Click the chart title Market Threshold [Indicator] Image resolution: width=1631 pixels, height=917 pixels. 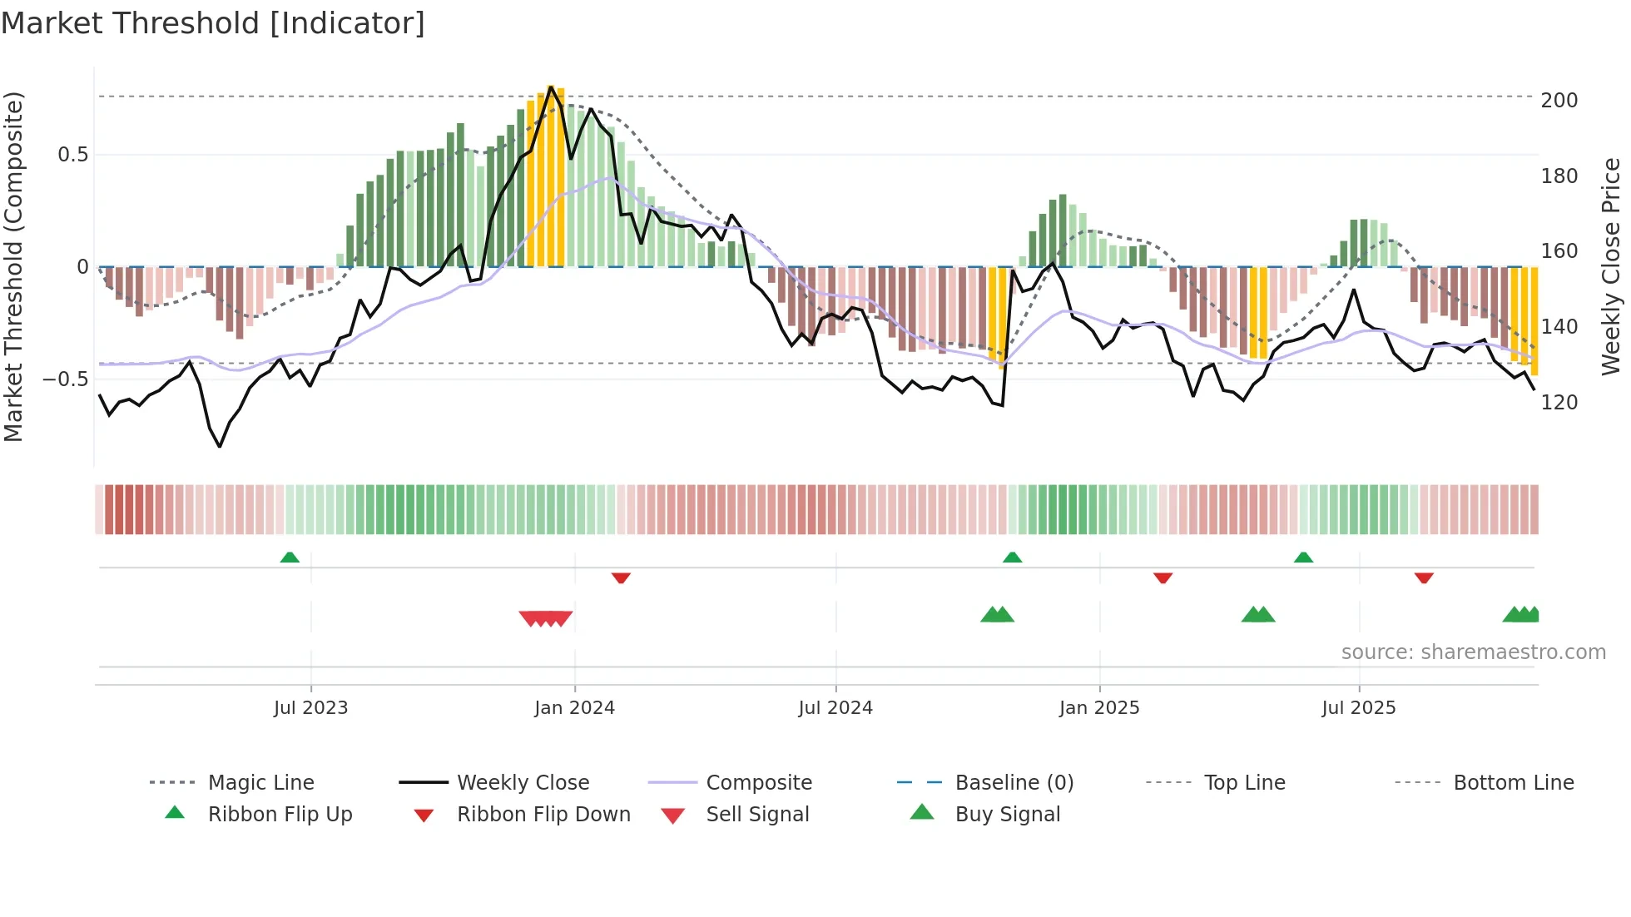point(213,23)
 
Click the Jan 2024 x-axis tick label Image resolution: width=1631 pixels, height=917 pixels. point(574,708)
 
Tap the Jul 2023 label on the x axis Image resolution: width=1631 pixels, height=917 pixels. point(310,708)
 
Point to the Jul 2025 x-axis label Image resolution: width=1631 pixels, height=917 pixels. point(1358,708)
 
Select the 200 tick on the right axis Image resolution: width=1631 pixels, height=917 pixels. point(1559,101)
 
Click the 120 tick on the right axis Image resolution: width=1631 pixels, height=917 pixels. point(1559,403)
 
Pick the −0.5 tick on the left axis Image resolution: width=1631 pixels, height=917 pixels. point(65,379)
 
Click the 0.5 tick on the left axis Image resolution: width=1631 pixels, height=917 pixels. point(72,155)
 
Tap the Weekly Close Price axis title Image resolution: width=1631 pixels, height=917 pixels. point(1611,266)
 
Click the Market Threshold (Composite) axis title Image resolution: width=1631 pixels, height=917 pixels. point(13,266)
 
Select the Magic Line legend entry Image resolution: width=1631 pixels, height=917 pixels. point(260,783)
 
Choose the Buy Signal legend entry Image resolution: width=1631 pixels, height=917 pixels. point(1007,815)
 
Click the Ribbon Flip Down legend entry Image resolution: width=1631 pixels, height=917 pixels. point(543,815)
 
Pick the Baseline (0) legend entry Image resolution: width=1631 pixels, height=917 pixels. point(1014,783)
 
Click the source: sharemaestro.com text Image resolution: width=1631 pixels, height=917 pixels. point(1473,652)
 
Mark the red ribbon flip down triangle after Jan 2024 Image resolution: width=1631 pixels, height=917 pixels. point(621,577)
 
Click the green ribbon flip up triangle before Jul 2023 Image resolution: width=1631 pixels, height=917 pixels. point(290,558)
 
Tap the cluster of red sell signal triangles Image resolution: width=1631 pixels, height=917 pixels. point(546,618)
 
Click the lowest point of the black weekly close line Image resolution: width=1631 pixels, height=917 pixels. point(220,447)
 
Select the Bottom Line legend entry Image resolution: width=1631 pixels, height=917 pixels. point(1513,783)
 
